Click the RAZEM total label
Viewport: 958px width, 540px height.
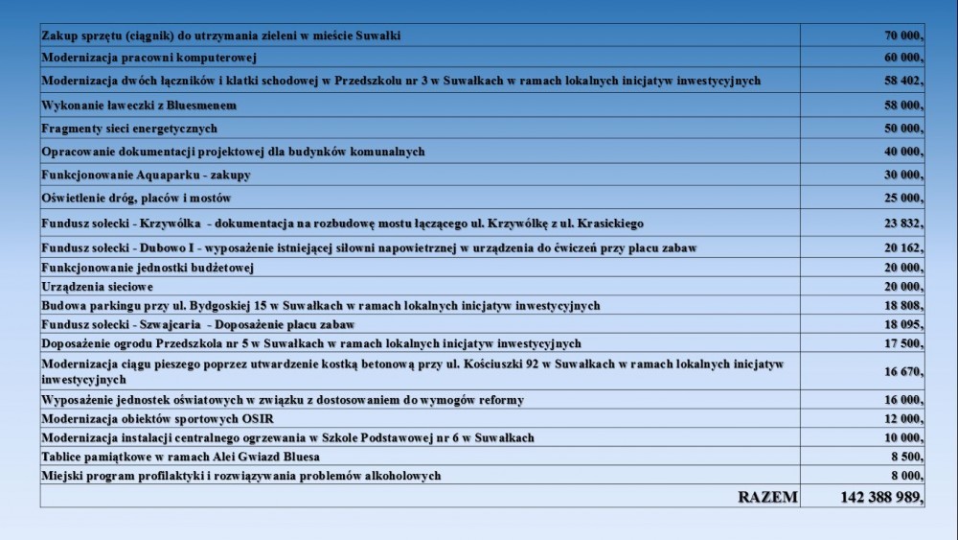point(767,497)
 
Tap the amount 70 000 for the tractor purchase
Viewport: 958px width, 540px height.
point(903,35)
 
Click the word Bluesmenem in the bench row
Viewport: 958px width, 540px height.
point(194,105)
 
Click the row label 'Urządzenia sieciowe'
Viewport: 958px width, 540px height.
point(98,287)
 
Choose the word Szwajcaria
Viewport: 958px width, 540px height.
point(169,324)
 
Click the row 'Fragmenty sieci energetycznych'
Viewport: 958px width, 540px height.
point(129,129)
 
